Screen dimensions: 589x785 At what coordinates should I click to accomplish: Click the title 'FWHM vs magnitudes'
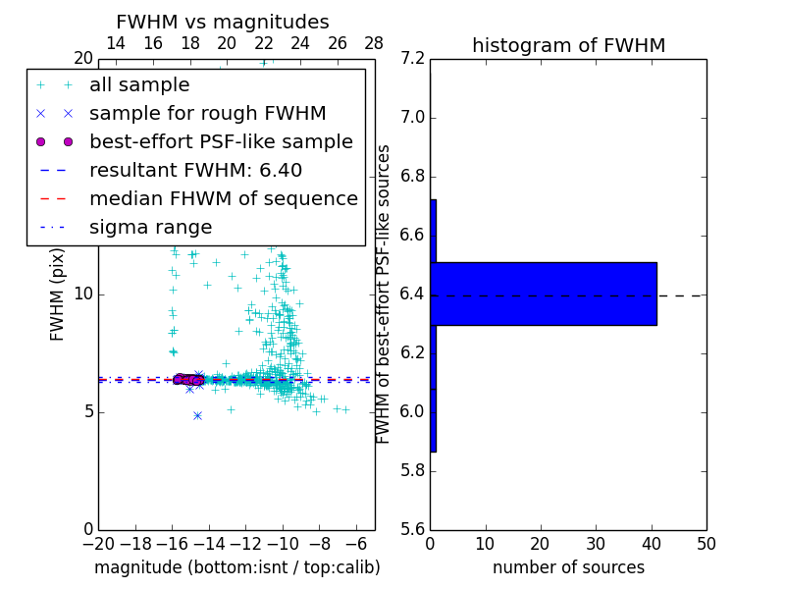pyautogui.click(x=223, y=23)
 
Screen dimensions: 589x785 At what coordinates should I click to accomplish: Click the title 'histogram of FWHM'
pyautogui.click(x=568, y=45)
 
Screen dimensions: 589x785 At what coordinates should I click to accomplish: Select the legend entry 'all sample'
pyautogui.click(x=139, y=85)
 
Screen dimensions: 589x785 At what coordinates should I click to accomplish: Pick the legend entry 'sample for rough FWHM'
pyautogui.click(x=207, y=114)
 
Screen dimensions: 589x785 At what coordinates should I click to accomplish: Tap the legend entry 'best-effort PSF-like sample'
pyautogui.click(x=221, y=142)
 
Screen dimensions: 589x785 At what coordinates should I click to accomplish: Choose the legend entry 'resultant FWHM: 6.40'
pyautogui.click(x=195, y=171)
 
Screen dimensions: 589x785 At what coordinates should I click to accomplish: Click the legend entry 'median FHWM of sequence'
pyautogui.click(x=223, y=199)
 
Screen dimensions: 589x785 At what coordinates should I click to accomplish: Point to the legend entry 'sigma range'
pyautogui.click(x=150, y=228)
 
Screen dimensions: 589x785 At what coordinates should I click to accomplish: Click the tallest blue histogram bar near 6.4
pyautogui.click(x=546, y=294)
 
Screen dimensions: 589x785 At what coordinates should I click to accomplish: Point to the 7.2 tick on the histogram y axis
pyautogui.click(x=412, y=59)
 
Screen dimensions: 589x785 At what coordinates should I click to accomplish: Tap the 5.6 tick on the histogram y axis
pyautogui.click(x=412, y=529)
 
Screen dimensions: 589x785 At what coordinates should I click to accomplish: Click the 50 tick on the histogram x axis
pyautogui.click(x=706, y=543)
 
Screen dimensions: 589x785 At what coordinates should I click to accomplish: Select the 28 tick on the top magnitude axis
pyautogui.click(x=374, y=43)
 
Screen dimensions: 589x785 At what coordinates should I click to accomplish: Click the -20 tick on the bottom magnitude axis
pyautogui.click(x=98, y=543)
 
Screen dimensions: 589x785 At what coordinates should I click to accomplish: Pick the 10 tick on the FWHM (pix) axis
pyautogui.click(x=82, y=294)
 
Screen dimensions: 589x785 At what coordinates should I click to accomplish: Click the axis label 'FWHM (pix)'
pyautogui.click(x=58, y=294)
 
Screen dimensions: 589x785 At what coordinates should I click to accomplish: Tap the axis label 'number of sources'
pyautogui.click(x=568, y=567)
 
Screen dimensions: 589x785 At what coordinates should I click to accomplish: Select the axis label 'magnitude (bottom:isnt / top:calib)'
pyautogui.click(x=236, y=567)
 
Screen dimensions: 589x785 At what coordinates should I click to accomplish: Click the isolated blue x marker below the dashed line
pyautogui.click(x=197, y=415)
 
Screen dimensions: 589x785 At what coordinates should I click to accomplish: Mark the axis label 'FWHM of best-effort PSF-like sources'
pyautogui.click(x=384, y=294)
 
